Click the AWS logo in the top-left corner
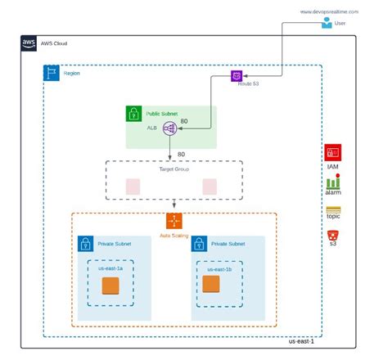[29, 43]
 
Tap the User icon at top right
[327, 24]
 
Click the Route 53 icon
[237, 75]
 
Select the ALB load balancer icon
[169, 128]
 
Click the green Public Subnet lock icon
[133, 114]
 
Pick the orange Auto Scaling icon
[174, 220]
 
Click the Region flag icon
[50, 72]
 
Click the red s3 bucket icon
[332, 236]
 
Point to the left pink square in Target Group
[131, 186]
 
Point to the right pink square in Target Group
[209, 186]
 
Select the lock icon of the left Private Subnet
[84, 243]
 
